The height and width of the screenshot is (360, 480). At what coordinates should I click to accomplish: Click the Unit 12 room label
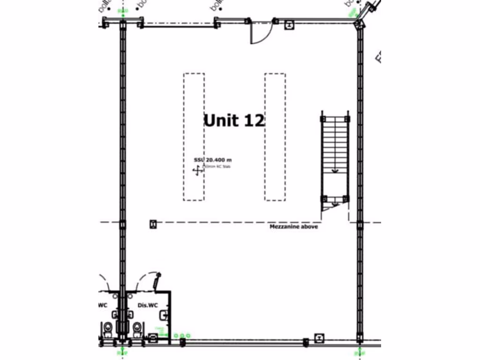coord(234,120)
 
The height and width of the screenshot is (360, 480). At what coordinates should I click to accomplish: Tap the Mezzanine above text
coord(293,227)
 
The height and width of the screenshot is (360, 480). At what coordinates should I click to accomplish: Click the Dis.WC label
coord(148,306)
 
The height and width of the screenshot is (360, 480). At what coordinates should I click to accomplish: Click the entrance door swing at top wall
coord(261,32)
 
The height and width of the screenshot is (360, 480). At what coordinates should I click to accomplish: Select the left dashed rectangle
coord(194,137)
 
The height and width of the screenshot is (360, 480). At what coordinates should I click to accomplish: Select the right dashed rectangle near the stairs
coord(275,137)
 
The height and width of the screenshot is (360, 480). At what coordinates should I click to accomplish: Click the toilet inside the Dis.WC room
coord(137,328)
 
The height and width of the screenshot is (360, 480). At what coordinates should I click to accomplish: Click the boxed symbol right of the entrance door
coord(290,25)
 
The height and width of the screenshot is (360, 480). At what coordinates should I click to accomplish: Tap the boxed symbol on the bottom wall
coord(320,337)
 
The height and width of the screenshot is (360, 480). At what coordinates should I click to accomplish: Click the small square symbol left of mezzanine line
coord(153,224)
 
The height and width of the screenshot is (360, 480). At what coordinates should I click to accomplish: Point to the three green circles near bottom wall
coord(181,336)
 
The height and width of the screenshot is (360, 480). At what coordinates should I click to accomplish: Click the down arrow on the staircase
coord(335,171)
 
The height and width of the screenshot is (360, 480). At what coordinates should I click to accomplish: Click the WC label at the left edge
coord(103,306)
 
